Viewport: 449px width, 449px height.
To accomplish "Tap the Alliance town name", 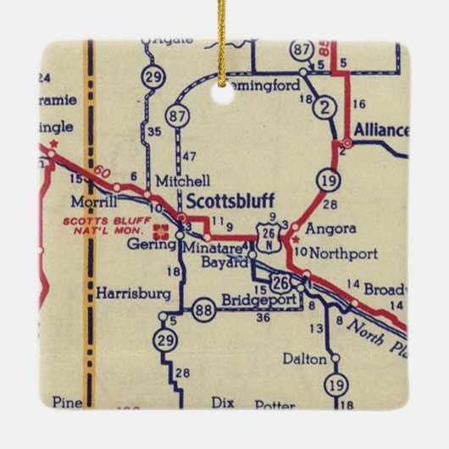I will pos(380,131).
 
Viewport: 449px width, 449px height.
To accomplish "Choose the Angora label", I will pos(325,228).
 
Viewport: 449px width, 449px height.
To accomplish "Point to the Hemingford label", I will pos(251,85).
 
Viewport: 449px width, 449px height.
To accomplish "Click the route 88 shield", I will pos(203,308).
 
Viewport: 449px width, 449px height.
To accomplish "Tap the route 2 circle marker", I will pos(324,108).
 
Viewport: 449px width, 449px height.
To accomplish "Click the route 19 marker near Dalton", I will pos(337,385).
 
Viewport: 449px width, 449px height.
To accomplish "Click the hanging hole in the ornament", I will pos(224,97).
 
